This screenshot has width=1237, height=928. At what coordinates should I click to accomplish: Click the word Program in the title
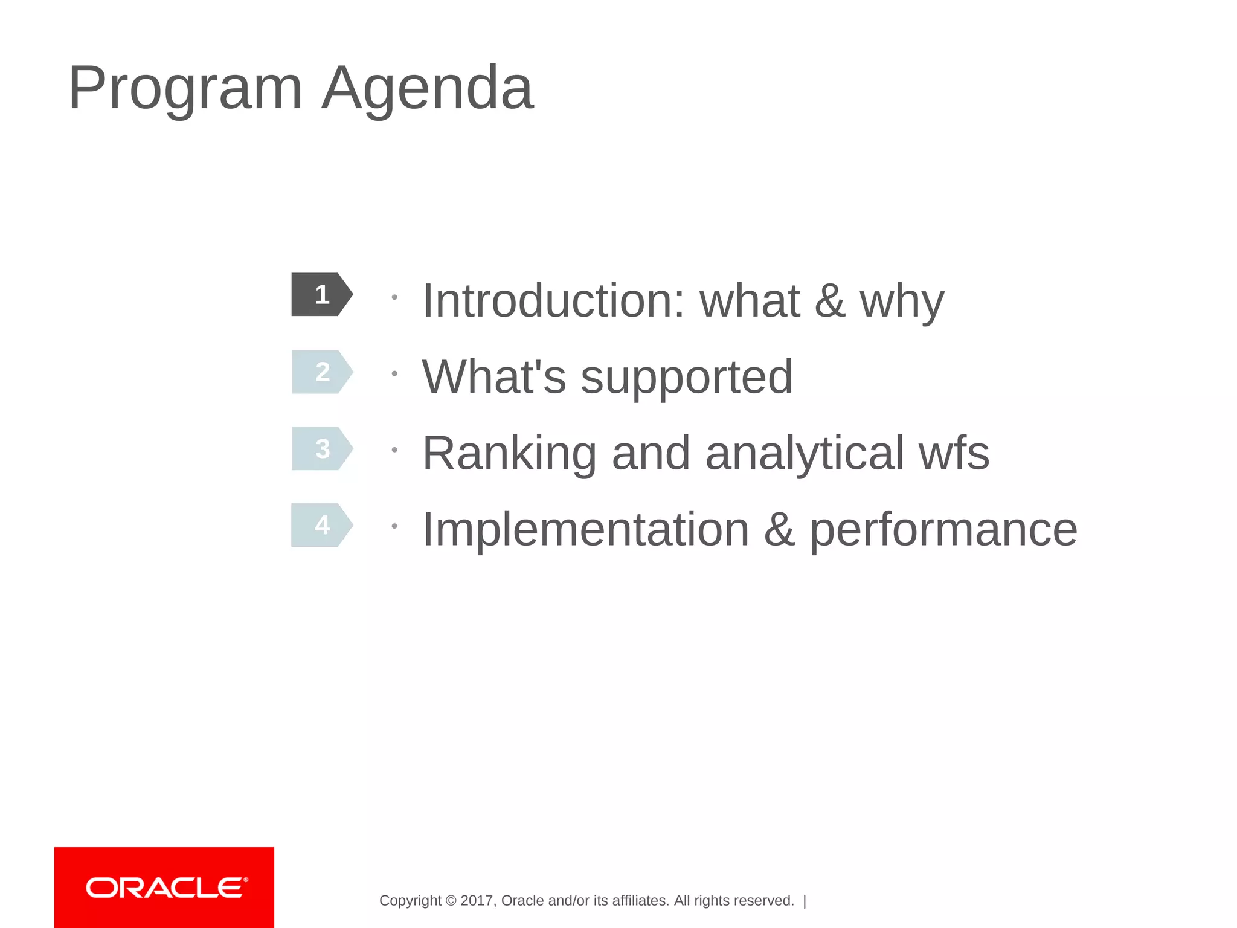[185, 89]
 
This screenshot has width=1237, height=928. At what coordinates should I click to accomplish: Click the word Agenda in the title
[427, 89]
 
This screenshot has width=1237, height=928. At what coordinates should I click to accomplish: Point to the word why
[902, 301]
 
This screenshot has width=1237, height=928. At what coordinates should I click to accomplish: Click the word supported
[686, 378]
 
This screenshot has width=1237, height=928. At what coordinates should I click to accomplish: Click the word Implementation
[585, 529]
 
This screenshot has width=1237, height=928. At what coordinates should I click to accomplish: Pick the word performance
[943, 530]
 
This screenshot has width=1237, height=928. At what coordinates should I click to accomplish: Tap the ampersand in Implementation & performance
[779, 529]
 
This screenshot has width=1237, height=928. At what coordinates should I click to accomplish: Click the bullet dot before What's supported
[394, 374]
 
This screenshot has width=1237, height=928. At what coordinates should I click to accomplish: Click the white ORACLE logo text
[167, 888]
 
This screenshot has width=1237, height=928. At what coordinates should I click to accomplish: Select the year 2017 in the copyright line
[477, 901]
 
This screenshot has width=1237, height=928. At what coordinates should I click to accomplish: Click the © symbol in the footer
[451, 901]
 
